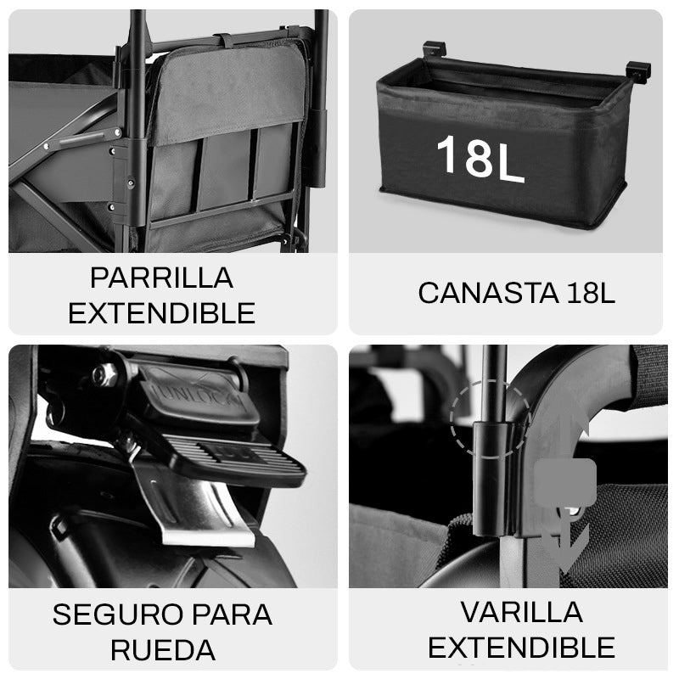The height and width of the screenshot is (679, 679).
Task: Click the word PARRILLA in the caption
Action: tap(161, 278)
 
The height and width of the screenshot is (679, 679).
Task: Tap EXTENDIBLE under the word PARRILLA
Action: tap(161, 313)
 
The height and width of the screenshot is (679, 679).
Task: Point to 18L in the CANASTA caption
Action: tap(589, 293)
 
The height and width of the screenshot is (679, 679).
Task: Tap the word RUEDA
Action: tap(162, 650)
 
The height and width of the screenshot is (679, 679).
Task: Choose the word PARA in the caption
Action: tap(227, 615)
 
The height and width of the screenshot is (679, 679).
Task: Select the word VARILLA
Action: tap(521, 612)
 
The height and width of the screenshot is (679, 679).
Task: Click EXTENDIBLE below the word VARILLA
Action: tap(521, 648)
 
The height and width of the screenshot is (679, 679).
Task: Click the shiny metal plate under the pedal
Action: tap(191, 509)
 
